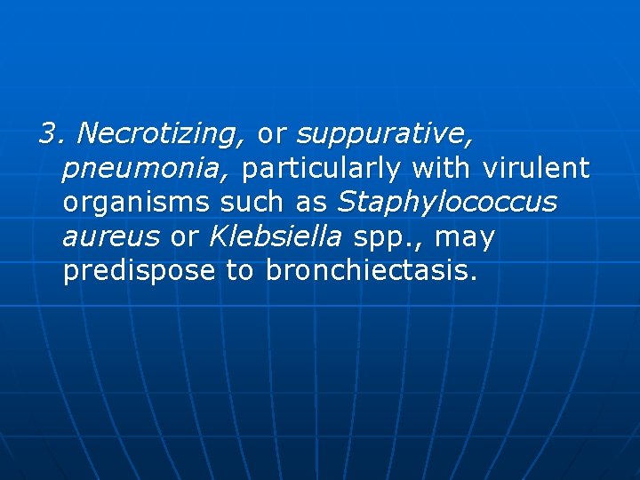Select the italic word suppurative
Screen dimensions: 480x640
point(384,134)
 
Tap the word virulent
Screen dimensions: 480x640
point(537,168)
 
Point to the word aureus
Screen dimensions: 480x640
point(111,237)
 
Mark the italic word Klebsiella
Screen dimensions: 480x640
point(276,236)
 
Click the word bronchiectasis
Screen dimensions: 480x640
point(372,271)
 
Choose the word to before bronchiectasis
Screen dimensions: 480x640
point(240,271)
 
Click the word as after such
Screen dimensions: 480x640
point(312,203)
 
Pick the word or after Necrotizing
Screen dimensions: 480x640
point(271,134)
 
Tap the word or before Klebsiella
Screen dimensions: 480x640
point(184,237)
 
